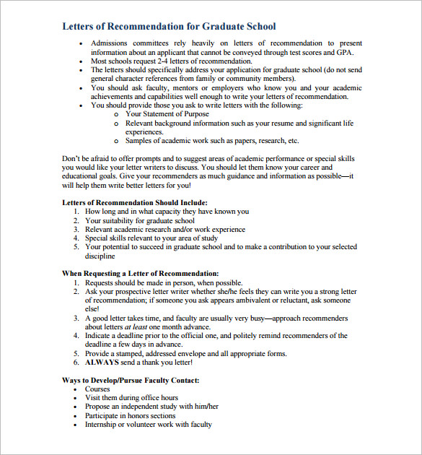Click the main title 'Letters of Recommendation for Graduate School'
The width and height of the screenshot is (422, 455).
tap(169, 27)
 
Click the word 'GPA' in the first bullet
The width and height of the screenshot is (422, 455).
tap(346, 52)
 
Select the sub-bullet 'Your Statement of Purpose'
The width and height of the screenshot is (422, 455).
tap(167, 114)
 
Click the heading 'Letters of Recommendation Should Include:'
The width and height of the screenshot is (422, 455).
tap(135, 203)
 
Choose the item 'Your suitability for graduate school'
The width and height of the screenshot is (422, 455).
tap(140, 220)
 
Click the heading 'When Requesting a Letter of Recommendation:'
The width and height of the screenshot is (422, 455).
tap(140, 274)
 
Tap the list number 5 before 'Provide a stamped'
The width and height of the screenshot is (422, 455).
tap(76, 353)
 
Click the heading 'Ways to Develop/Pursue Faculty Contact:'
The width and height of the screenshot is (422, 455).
tap(131, 381)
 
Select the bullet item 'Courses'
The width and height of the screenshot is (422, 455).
tap(97, 389)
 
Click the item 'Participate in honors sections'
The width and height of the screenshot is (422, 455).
tap(130, 416)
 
